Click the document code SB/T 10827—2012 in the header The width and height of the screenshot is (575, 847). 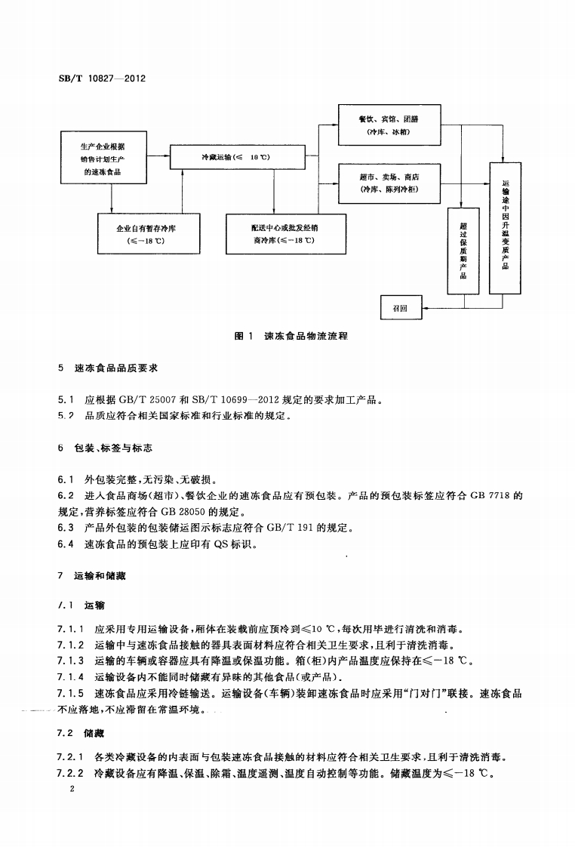[102, 79]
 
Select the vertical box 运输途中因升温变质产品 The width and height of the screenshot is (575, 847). [505, 227]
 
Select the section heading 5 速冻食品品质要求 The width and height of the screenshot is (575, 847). [108, 369]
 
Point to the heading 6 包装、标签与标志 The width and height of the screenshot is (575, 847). [105, 448]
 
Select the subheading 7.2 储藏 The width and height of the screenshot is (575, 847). [80, 733]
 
